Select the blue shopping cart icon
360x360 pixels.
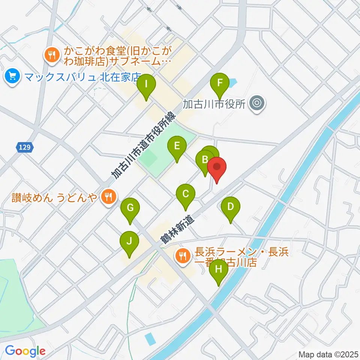(13, 77)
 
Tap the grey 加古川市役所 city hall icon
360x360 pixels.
(258, 103)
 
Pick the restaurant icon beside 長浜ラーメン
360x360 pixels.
(183, 256)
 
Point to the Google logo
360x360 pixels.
(25, 351)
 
